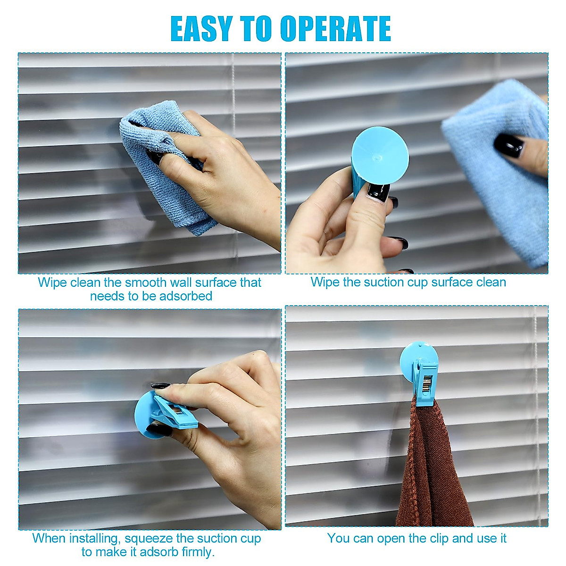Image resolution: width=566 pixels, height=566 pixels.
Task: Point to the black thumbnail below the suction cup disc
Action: coord(378,192)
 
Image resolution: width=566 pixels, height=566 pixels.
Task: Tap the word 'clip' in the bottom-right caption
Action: coord(440,538)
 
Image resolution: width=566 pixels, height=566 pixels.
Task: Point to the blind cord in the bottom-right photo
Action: coord(536,401)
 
